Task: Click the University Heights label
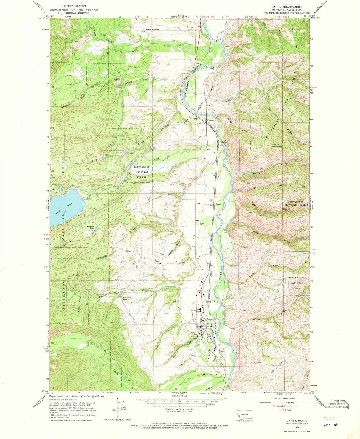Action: (128, 298)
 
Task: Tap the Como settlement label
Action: (210, 120)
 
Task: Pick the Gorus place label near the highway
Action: (218, 204)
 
